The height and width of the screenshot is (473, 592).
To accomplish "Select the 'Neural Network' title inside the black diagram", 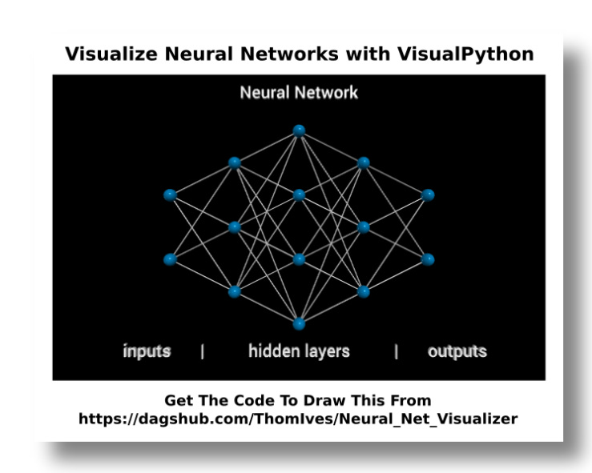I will pos(299,93).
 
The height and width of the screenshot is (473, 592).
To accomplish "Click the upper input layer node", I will pos(169,194).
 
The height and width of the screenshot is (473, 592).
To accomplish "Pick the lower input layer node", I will pos(169,259).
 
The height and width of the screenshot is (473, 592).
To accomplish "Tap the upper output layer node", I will pos(428,194).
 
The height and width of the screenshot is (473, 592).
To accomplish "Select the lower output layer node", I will pos(428,259).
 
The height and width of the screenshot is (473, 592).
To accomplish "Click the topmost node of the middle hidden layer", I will pos(299,130).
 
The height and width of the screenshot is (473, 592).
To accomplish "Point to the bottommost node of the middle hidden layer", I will pos(299,324).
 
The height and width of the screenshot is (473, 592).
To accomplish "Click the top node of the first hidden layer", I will pos(234,162).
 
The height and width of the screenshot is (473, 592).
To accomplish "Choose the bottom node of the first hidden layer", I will pos(234,291).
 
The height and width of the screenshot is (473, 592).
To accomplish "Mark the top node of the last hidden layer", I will pos(364,162).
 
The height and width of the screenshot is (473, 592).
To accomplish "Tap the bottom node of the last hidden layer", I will pos(364,291).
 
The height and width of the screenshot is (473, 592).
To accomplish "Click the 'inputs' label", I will pos(147,351).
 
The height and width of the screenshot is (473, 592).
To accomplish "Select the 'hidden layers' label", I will pos(299,351).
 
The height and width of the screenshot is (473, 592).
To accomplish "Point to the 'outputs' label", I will pos(457,351).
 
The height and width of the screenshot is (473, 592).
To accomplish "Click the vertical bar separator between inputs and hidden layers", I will pos(202,351).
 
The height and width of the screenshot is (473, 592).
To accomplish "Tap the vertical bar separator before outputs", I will pos(396,351).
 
